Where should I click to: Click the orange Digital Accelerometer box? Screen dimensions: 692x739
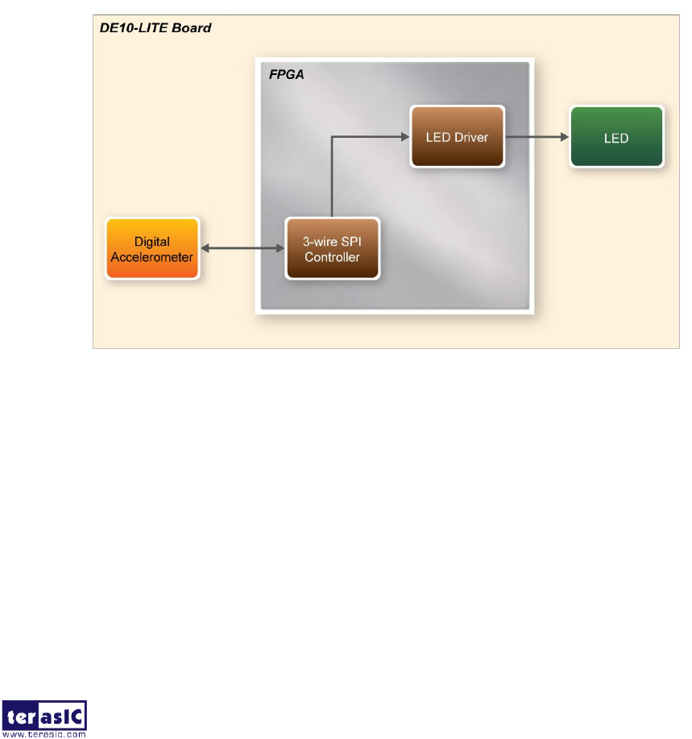(151, 248)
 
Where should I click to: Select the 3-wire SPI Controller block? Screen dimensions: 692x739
(332, 248)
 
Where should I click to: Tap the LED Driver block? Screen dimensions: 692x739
(457, 137)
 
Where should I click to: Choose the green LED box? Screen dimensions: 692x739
(616, 137)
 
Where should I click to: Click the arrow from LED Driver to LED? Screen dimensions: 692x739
(537, 137)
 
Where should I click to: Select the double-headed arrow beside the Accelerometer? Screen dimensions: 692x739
(242, 248)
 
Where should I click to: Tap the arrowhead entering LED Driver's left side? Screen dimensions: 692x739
(404, 137)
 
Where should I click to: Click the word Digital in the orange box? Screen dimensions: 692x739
(151, 241)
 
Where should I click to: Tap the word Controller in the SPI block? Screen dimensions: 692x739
(332, 257)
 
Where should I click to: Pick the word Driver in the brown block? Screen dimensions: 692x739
(472, 137)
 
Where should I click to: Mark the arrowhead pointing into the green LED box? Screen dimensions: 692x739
(564, 137)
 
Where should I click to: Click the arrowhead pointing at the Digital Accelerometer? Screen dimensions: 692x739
(205, 248)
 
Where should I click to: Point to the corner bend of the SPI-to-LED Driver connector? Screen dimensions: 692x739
(332, 137)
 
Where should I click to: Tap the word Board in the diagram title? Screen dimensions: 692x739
(194, 28)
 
